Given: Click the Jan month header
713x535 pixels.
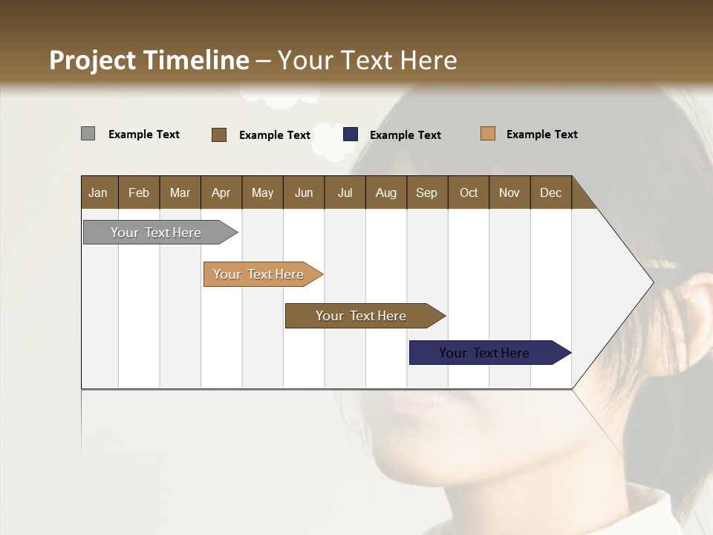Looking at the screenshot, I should [98, 192].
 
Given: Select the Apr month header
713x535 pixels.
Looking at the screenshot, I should [221, 192].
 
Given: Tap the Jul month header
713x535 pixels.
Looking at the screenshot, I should [345, 192].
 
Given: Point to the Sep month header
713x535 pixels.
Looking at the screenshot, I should [426, 192].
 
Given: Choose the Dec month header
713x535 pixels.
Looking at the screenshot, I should [550, 192].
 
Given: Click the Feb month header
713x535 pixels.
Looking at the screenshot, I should [139, 192].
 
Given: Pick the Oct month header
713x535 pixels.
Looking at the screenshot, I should [469, 192].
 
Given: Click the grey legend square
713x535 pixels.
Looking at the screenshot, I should [88, 134].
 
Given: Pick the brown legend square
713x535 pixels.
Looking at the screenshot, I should [219, 134].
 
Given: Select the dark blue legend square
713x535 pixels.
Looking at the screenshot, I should [351, 134].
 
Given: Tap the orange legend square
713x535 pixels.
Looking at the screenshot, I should [488, 134].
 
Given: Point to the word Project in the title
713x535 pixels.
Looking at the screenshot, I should [92, 60].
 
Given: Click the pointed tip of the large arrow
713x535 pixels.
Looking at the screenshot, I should [651, 282].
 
